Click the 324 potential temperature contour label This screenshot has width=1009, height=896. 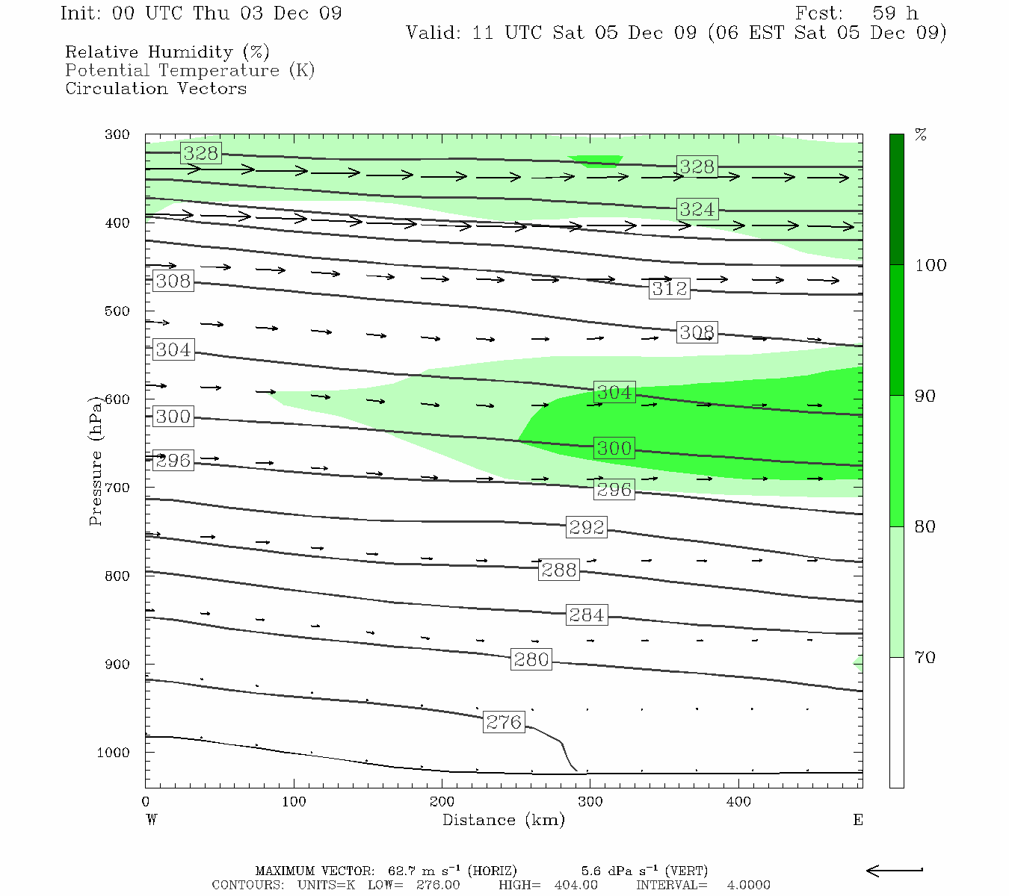[x=697, y=209]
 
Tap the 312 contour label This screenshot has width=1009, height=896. [x=669, y=289]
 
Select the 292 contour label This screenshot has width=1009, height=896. [x=586, y=527]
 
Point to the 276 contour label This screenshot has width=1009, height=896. [x=504, y=722]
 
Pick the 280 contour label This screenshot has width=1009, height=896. [x=531, y=659]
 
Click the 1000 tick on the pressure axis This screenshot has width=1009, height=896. [x=114, y=753]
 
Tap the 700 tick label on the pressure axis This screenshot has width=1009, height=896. [x=117, y=488]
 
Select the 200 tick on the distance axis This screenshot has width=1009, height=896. [x=442, y=802]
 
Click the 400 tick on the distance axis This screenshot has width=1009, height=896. [x=738, y=802]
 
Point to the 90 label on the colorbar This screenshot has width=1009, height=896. [x=925, y=396]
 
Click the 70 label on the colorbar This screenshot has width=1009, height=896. [x=925, y=657]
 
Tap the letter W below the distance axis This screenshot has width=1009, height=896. [x=152, y=820]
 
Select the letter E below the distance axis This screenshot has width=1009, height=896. [x=858, y=820]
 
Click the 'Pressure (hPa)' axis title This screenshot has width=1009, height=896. [x=95, y=461]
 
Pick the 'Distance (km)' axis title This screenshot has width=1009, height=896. [x=503, y=820]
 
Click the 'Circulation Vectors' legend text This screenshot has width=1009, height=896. [x=155, y=88]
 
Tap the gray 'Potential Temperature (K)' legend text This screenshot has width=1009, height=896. [x=190, y=70]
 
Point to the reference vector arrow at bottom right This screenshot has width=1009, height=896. [x=895, y=870]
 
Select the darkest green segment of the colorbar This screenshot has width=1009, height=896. [x=896, y=199]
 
